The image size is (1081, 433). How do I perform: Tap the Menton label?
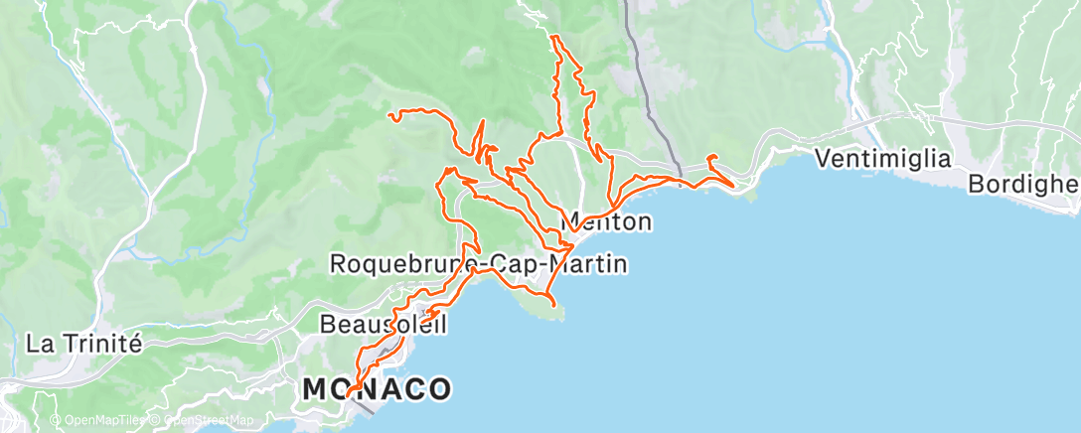coord(608,220)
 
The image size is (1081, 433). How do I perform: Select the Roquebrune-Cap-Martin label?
coord(478,264)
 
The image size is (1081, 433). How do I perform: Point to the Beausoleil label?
coord(384,324)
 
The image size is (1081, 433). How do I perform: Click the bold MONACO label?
coord(377,389)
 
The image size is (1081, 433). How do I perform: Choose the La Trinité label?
coord(84,345)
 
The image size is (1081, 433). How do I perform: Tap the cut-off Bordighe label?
coord(1023,185)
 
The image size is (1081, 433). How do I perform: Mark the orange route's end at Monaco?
coord(350,394)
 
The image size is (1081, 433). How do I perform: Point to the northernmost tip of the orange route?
coord(552,37)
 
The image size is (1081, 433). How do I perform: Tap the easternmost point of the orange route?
coord(733,185)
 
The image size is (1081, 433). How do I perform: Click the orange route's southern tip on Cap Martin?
coord(549,298)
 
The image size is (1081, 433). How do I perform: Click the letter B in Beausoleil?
coord(328,325)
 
